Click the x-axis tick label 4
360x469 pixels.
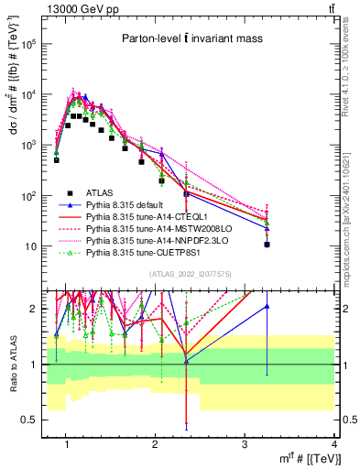click(334, 445)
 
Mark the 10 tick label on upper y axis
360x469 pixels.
click(29, 246)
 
